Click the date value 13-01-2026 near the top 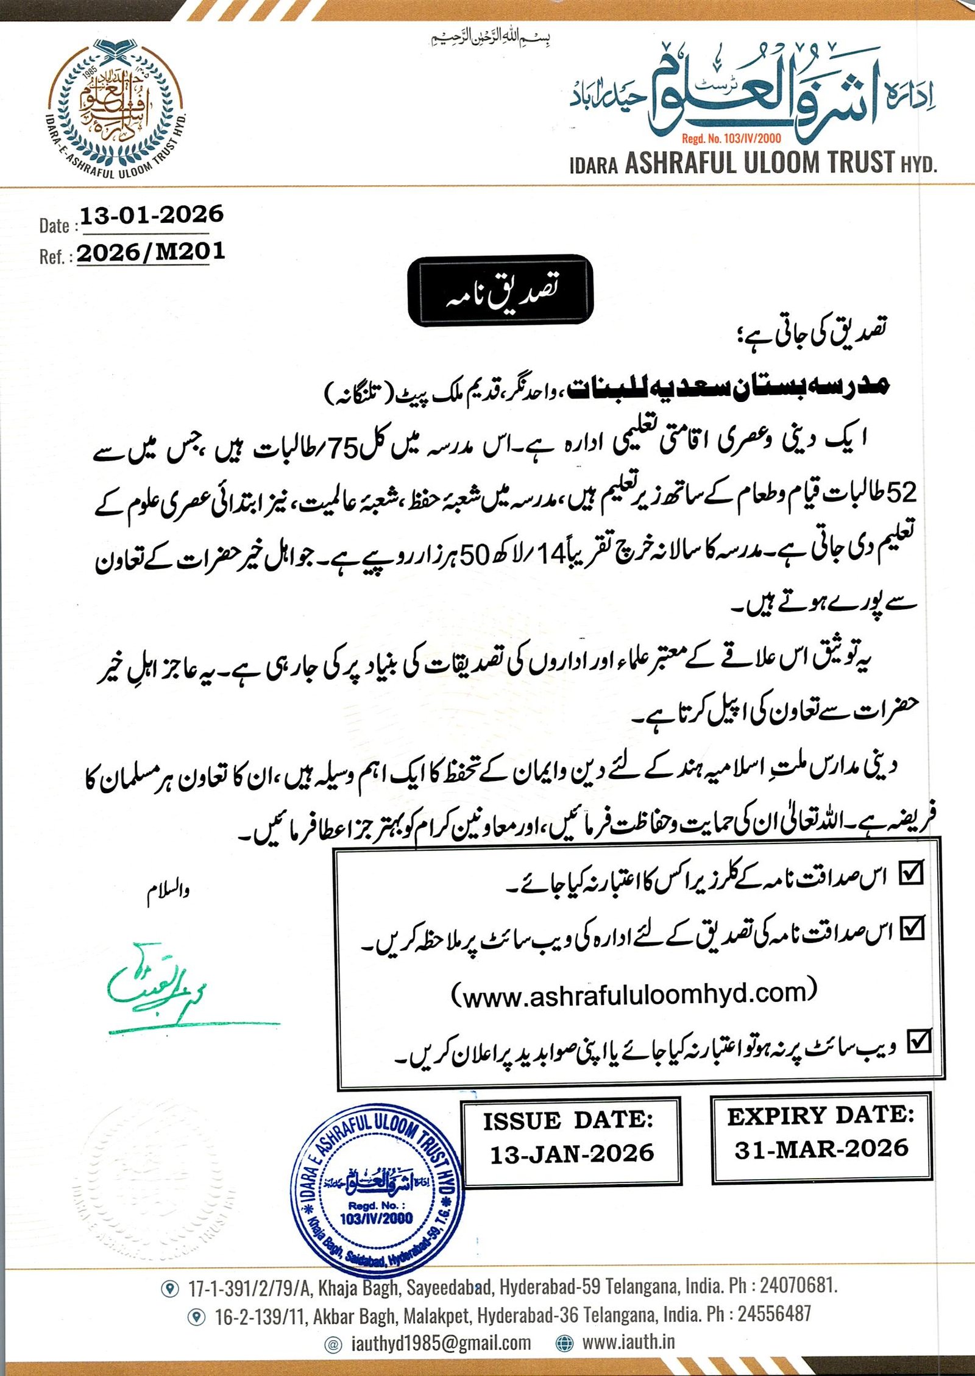pos(152,214)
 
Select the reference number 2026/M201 pos(151,252)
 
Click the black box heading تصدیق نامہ pos(500,291)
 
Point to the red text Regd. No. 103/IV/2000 pos(731,138)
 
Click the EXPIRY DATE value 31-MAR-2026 pos(821,1149)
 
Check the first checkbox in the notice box pos(911,873)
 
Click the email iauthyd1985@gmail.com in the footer pos(441,1342)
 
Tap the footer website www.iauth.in pos(628,1342)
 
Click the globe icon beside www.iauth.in pos(565,1342)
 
